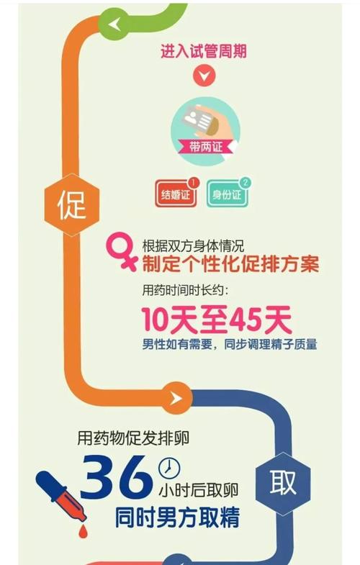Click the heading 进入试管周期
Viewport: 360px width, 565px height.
point(204,51)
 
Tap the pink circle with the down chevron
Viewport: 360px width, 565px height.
point(204,76)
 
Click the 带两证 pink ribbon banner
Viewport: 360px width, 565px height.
point(206,147)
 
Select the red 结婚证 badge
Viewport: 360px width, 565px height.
point(176,194)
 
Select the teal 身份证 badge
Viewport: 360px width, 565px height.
point(227,194)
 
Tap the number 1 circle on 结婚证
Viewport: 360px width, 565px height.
point(194,183)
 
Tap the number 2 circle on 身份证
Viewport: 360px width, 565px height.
point(246,183)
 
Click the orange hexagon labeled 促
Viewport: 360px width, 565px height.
point(71,204)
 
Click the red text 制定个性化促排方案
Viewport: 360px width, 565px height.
point(230,264)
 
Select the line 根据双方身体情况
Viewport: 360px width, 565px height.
point(193,246)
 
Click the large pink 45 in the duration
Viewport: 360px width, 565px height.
point(246,320)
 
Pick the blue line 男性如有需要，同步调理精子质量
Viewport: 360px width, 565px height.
point(230,344)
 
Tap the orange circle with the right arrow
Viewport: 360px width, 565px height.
point(176,398)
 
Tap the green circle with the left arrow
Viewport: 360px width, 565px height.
point(114,24)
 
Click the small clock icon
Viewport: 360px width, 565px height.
point(168,468)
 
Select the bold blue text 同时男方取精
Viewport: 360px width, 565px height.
point(177,517)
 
